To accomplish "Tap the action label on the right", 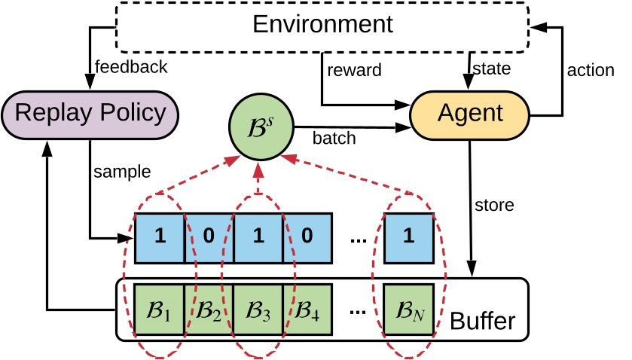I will (590, 72).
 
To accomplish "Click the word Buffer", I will (481, 321).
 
